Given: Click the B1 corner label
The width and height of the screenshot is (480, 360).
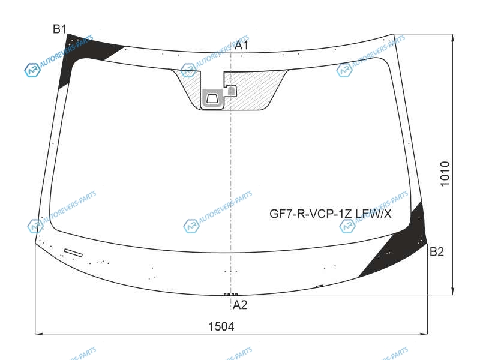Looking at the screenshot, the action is (x=59, y=29).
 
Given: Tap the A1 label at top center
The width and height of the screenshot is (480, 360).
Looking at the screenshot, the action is (x=242, y=46).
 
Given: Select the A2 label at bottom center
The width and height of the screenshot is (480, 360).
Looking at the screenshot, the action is (x=239, y=305).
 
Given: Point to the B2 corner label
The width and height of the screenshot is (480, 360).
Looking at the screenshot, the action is (x=437, y=251).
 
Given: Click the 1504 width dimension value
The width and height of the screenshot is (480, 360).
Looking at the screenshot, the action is (x=221, y=326).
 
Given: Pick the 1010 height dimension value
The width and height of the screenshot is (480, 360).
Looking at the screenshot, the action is (x=445, y=173).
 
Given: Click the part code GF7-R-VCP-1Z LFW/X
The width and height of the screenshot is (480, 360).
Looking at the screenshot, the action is (x=331, y=214).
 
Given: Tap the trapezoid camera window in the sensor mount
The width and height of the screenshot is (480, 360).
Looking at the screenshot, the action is (x=212, y=98).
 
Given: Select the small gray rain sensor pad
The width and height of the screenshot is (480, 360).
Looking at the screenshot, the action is (x=231, y=91).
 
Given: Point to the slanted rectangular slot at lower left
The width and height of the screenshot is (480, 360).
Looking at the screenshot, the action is (x=73, y=253).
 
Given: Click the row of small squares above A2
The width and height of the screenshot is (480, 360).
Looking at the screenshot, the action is (x=230, y=295).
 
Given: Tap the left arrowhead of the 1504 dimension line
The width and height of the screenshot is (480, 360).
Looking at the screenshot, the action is (x=38, y=334).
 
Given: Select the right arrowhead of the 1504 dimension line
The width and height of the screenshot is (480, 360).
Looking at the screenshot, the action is (x=424, y=334).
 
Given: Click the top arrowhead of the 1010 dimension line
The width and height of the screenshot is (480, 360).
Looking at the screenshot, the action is (x=452, y=37).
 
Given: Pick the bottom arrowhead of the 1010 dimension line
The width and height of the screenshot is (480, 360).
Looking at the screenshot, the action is (x=452, y=291).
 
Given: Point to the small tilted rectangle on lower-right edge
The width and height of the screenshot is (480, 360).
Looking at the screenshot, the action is (x=319, y=286).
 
